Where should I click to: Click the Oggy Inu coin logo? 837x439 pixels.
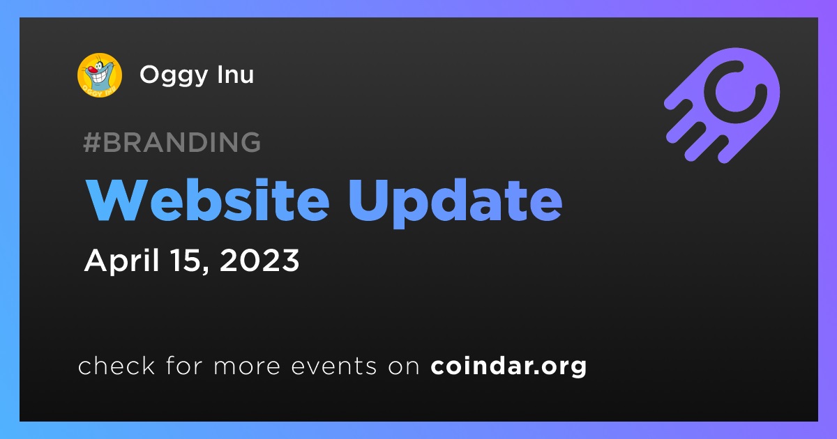(x=100, y=75)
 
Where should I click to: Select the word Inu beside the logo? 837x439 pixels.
(x=236, y=74)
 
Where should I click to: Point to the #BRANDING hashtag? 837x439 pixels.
(x=172, y=142)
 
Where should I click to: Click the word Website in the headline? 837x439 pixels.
(x=208, y=201)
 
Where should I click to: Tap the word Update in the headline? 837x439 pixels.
(x=455, y=203)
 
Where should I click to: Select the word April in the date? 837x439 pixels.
(x=122, y=261)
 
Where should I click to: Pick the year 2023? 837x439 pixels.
(x=259, y=260)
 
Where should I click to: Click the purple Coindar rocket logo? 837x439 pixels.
(x=722, y=105)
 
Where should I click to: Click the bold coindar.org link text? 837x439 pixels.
(x=508, y=366)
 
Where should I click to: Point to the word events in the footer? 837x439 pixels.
(x=334, y=367)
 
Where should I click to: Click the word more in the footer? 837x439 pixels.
(x=247, y=367)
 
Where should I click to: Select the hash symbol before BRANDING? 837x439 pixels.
(x=92, y=142)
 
